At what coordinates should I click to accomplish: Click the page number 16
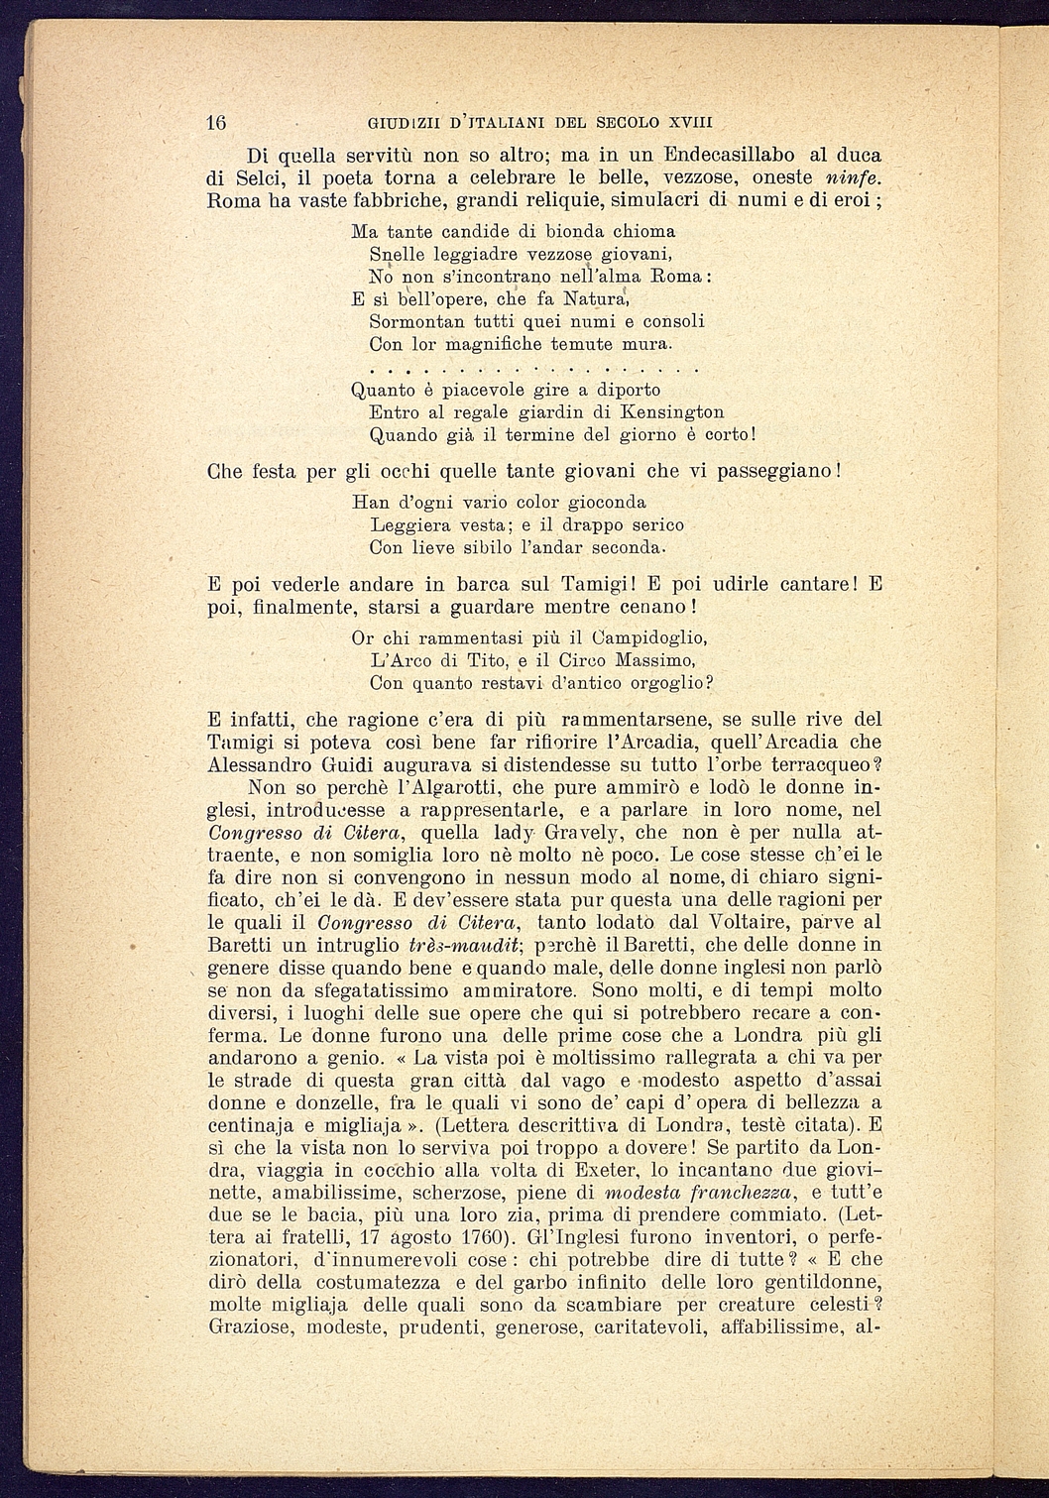pyautogui.click(x=217, y=123)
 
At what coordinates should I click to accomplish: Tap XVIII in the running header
pyautogui.click(x=690, y=123)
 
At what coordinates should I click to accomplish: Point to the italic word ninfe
pyautogui.click(x=854, y=178)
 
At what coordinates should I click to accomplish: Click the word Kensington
pyautogui.click(x=671, y=411)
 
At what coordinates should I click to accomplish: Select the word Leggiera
pyautogui.click(x=406, y=524)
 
